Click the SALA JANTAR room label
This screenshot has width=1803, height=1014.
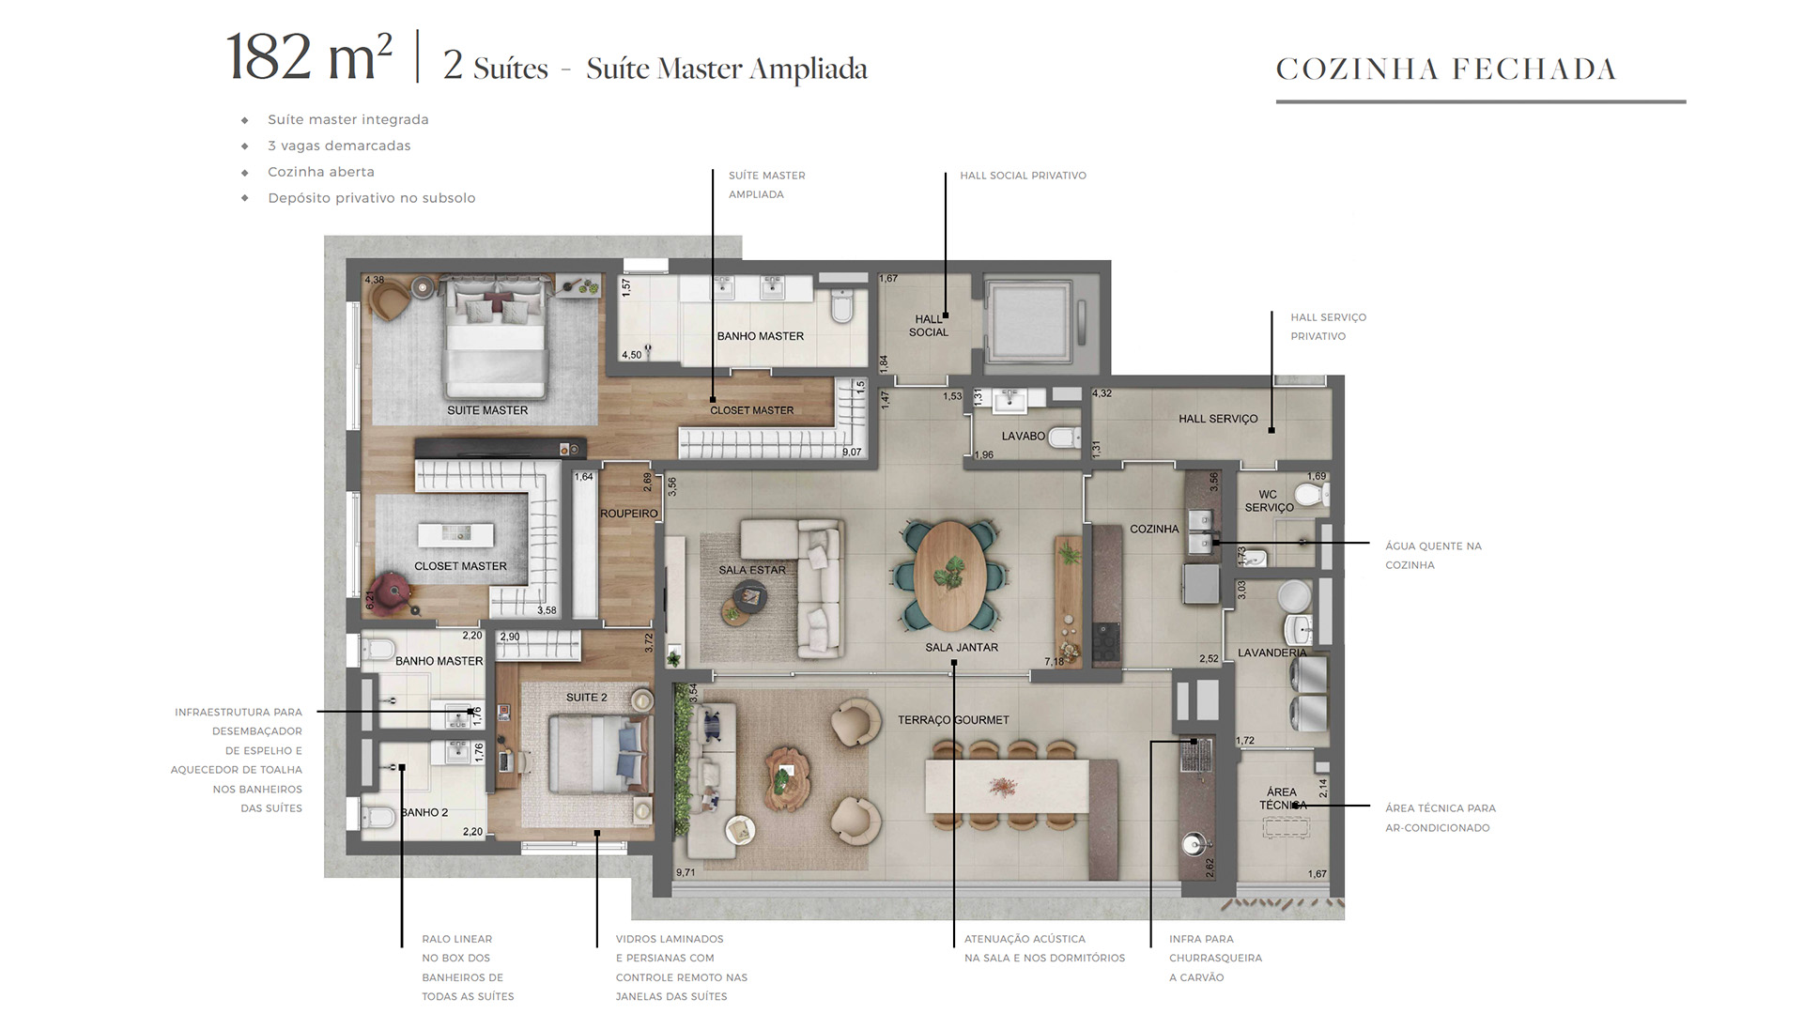(x=962, y=647)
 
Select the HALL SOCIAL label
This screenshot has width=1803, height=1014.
(x=929, y=325)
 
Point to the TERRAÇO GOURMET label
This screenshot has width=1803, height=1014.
(x=953, y=720)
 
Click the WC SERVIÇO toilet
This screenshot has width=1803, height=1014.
(x=1310, y=494)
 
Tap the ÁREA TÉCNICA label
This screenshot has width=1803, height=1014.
(x=1282, y=798)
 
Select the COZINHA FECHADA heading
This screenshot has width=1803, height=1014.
(x=1446, y=69)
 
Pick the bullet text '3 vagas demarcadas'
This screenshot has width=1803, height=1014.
(x=339, y=146)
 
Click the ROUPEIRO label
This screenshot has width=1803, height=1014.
(x=629, y=514)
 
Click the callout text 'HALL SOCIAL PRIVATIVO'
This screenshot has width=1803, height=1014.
(x=1023, y=176)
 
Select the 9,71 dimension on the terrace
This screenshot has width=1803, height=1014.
(x=686, y=872)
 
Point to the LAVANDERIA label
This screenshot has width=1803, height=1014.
(x=1271, y=653)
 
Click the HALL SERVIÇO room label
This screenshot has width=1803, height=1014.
(x=1218, y=419)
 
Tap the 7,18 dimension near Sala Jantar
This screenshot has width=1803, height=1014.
(x=1055, y=662)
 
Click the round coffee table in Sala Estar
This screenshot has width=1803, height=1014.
(x=750, y=595)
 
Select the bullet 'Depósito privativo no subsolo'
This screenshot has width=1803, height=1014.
(x=371, y=198)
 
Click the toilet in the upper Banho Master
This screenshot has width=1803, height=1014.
(x=841, y=305)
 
